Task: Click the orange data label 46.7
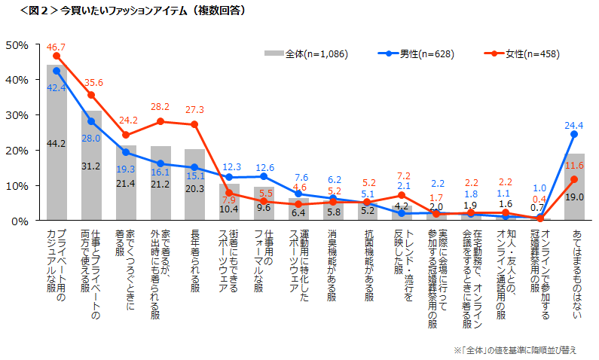pyautogui.click(x=57, y=47)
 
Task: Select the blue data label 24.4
pyautogui.click(x=575, y=125)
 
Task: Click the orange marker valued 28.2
pyautogui.click(x=160, y=121)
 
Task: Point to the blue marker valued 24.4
pyautogui.click(x=574, y=134)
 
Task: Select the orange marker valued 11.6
pyautogui.click(x=574, y=179)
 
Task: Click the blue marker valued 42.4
pyautogui.click(x=57, y=71)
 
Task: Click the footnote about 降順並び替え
pyautogui.click(x=515, y=350)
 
